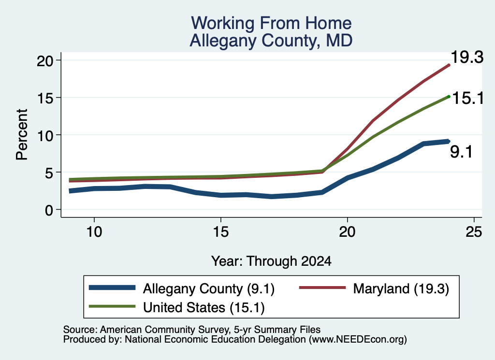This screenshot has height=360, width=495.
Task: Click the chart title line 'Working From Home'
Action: click(271, 23)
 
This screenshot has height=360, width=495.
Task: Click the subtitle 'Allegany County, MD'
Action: click(271, 41)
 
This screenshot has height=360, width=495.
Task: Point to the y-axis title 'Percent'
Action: click(22, 135)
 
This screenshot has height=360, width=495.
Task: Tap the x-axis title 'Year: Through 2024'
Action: click(271, 261)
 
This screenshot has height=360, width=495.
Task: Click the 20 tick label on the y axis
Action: click(45, 60)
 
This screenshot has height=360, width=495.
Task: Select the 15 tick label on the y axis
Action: click(45, 98)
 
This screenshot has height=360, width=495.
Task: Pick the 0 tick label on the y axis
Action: click(49, 210)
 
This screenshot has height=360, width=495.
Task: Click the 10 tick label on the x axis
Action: click(94, 232)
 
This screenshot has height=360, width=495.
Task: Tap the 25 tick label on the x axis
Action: click(474, 232)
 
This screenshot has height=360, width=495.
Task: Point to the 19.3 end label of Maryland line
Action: click(467, 58)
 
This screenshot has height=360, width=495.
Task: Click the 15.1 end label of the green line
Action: click(467, 98)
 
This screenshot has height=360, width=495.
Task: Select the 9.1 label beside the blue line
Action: click(461, 152)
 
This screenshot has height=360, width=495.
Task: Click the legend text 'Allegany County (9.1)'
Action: click(209, 288)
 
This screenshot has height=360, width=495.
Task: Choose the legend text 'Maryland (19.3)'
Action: click(401, 288)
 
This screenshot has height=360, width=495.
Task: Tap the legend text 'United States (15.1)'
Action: click(204, 308)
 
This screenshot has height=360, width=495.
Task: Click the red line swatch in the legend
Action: click(322, 288)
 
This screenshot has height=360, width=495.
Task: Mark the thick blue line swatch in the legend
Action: click(112, 288)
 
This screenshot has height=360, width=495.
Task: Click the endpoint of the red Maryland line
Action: click(449, 65)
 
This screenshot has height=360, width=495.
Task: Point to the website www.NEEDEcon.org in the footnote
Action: click(358, 340)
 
